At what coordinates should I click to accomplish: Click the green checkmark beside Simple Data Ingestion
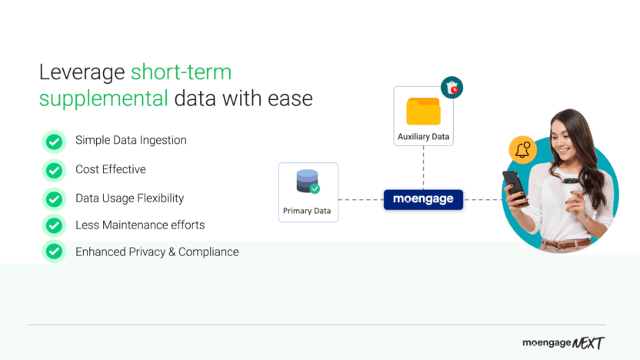[x=54, y=142]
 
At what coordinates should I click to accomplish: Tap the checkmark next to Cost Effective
[x=54, y=170]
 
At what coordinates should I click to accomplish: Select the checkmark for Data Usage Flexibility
[x=54, y=199]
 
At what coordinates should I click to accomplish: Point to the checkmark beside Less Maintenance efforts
[x=54, y=225]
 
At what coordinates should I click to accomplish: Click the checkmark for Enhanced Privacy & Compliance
[x=54, y=252]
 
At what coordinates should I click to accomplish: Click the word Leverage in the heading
[x=82, y=73]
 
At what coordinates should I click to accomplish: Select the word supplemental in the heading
[x=104, y=99]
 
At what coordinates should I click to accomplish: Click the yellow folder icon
[x=423, y=112]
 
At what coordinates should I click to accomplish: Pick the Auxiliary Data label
[x=423, y=137]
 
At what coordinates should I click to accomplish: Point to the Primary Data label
[x=308, y=210]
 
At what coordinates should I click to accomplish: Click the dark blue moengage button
[x=423, y=199]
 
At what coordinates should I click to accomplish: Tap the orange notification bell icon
[x=523, y=149]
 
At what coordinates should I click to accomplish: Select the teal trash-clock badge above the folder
[x=452, y=88]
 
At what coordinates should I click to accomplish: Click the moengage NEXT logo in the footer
[x=563, y=343]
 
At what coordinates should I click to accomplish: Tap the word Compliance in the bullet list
[x=208, y=252]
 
